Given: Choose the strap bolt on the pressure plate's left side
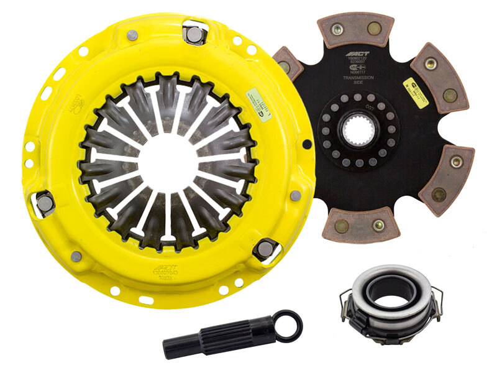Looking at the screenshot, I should coord(45,201).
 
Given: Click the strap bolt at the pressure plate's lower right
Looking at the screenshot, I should coord(265,249).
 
